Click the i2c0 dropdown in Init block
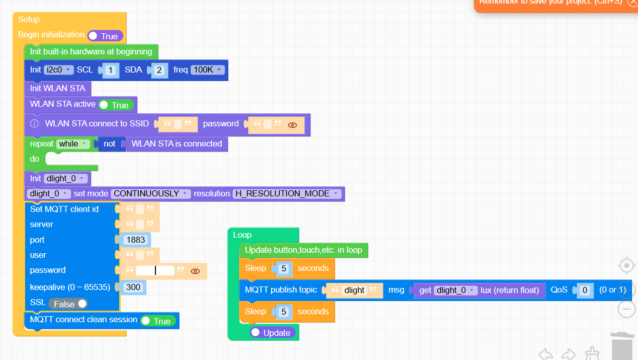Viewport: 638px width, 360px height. [x=59, y=70]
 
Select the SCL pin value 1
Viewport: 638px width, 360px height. [x=111, y=70]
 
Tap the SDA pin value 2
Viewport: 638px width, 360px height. [x=159, y=70]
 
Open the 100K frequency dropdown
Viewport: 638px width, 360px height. [x=207, y=70]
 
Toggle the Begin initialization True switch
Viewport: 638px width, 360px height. [x=105, y=36]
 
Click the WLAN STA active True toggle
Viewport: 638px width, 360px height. [x=116, y=105]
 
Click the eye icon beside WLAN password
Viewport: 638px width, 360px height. [x=292, y=125]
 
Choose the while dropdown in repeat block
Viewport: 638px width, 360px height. [x=73, y=144]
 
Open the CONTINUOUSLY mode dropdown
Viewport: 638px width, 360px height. [x=151, y=194]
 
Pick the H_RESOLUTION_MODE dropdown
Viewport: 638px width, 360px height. [x=286, y=194]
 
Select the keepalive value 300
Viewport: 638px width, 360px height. [x=133, y=287]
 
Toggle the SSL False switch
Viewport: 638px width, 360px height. [x=68, y=304]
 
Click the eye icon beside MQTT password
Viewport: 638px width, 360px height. [x=196, y=271]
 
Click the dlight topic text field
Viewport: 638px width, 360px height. [x=354, y=291]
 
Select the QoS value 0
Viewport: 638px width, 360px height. [x=584, y=291]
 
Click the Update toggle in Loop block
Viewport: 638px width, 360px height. [x=272, y=333]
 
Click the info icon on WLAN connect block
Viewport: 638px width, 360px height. [x=34, y=124]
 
